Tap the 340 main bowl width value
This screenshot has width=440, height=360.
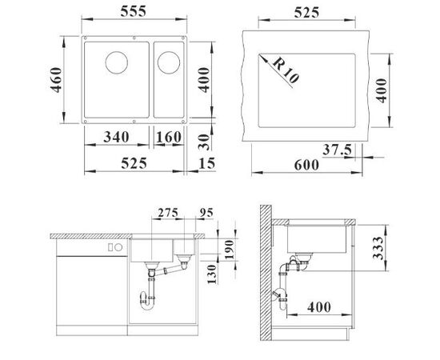pos(117,138)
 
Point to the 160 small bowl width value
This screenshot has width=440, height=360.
pos(168,138)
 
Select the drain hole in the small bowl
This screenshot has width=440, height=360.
pos(169,61)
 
